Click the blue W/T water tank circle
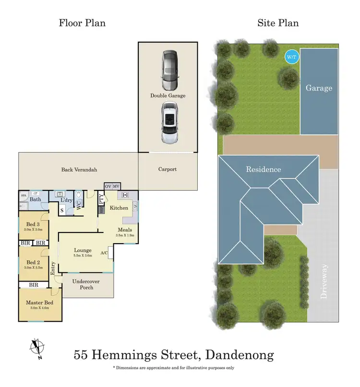pos(291,57)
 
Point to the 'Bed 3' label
pos(33,223)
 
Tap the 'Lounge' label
pos(83,250)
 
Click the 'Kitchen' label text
pos(119,208)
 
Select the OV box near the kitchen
pos(108,187)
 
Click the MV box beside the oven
pos(116,187)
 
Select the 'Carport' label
pos(168,169)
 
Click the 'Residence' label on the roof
pos(264,169)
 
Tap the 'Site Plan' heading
pos(277,23)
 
